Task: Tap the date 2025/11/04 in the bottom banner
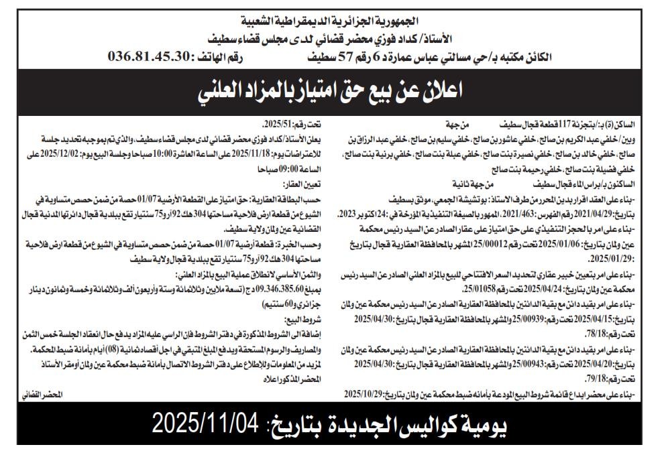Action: [x=205, y=424]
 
